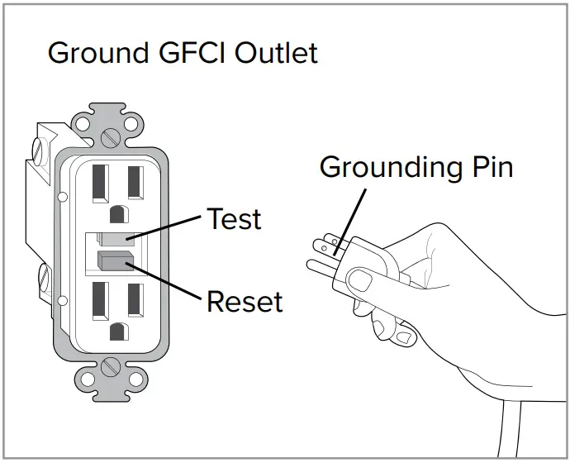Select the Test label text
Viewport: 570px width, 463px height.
234,220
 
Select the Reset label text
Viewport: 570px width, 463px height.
245,302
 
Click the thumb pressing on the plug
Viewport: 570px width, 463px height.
362,279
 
